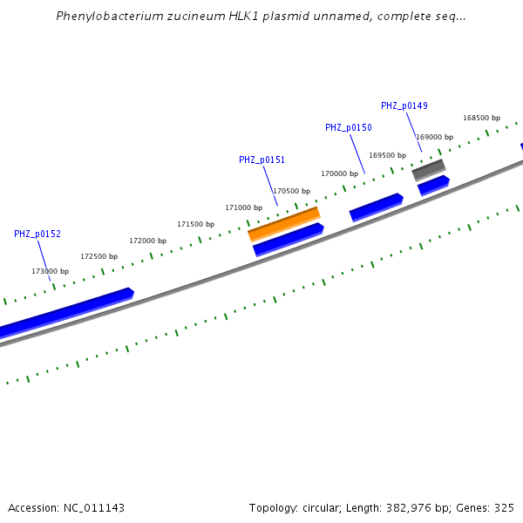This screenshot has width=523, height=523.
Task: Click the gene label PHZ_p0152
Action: (x=37, y=234)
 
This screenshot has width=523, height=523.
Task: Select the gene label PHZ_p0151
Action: (x=261, y=160)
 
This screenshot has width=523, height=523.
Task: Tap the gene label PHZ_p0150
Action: (x=348, y=127)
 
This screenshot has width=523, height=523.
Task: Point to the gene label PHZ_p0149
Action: (x=404, y=105)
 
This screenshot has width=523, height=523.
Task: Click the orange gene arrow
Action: (x=284, y=224)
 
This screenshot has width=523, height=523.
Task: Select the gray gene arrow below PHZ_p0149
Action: (x=429, y=168)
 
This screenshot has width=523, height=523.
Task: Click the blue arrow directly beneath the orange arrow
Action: (x=289, y=239)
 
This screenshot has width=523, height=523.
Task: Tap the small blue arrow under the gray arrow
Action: (x=433, y=185)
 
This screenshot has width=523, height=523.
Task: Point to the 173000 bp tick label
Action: (x=50, y=271)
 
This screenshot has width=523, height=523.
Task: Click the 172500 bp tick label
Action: (x=98, y=256)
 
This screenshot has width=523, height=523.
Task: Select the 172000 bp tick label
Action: (x=147, y=241)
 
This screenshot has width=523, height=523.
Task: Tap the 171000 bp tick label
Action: (x=243, y=207)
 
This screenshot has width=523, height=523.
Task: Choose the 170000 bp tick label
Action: (x=339, y=173)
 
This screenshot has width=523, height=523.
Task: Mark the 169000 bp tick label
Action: (x=434, y=137)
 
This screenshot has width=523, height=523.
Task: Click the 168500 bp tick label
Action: (x=481, y=118)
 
